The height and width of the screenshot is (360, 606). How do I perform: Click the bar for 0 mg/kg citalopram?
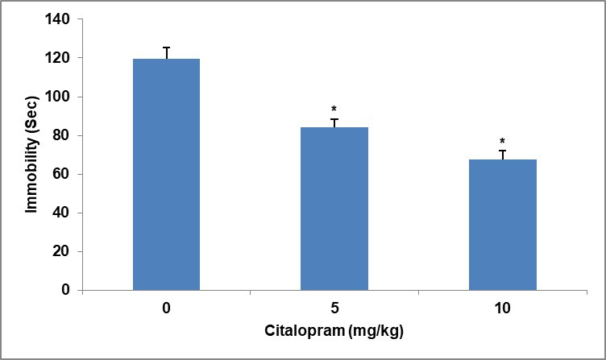click(166, 174)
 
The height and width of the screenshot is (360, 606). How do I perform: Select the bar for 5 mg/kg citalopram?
click(334, 209)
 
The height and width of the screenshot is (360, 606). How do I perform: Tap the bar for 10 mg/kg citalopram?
click(503, 225)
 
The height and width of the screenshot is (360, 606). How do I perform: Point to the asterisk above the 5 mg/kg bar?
click(334, 109)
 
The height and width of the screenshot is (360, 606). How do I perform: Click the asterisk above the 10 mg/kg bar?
click(502, 141)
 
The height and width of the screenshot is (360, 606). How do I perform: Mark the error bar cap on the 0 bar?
click(166, 48)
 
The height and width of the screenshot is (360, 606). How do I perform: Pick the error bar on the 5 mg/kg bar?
click(334, 122)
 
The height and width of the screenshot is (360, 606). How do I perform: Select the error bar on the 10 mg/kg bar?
click(503, 155)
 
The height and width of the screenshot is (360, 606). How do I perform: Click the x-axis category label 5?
click(334, 308)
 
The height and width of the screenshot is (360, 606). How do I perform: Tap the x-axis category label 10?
click(503, 308)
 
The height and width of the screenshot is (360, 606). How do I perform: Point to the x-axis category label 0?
click(166, 308)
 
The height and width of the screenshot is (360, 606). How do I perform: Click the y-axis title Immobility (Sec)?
click(31, 154)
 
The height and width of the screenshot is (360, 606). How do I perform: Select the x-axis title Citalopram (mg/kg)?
click(334, 332)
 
